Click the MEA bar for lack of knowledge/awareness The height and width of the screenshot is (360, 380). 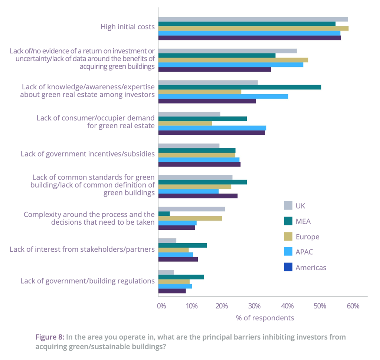(x=239, y=87)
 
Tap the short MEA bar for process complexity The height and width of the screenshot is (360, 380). (x=164, y=214)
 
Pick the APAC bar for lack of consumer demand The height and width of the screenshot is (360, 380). (x=212, y=128)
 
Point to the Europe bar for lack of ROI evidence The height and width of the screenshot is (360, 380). (x=233, y=60)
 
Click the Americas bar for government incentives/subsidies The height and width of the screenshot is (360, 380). (x=199, y=164)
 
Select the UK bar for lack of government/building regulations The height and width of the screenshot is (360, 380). (x=166, y=273)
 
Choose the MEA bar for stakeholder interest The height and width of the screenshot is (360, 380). (x=182, y=245)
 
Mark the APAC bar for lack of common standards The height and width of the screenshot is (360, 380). (x=188, y=191)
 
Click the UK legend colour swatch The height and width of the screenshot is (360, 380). (x=288, y=206)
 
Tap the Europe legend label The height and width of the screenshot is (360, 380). (x=307, y=237)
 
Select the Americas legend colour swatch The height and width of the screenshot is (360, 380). (x=288, y=267)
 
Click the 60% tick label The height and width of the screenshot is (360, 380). (x=353, y=306)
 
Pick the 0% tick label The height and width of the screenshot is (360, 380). (x=161, y=306)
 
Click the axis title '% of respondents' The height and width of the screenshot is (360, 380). (x=265, y=318)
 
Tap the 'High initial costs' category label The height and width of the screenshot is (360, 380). (x=128, y=27)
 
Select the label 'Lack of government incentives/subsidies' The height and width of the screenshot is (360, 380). (x=88, y=153)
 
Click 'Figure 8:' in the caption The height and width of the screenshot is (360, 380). (x=50, y=337)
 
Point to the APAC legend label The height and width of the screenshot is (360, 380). (x=304, y=252)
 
